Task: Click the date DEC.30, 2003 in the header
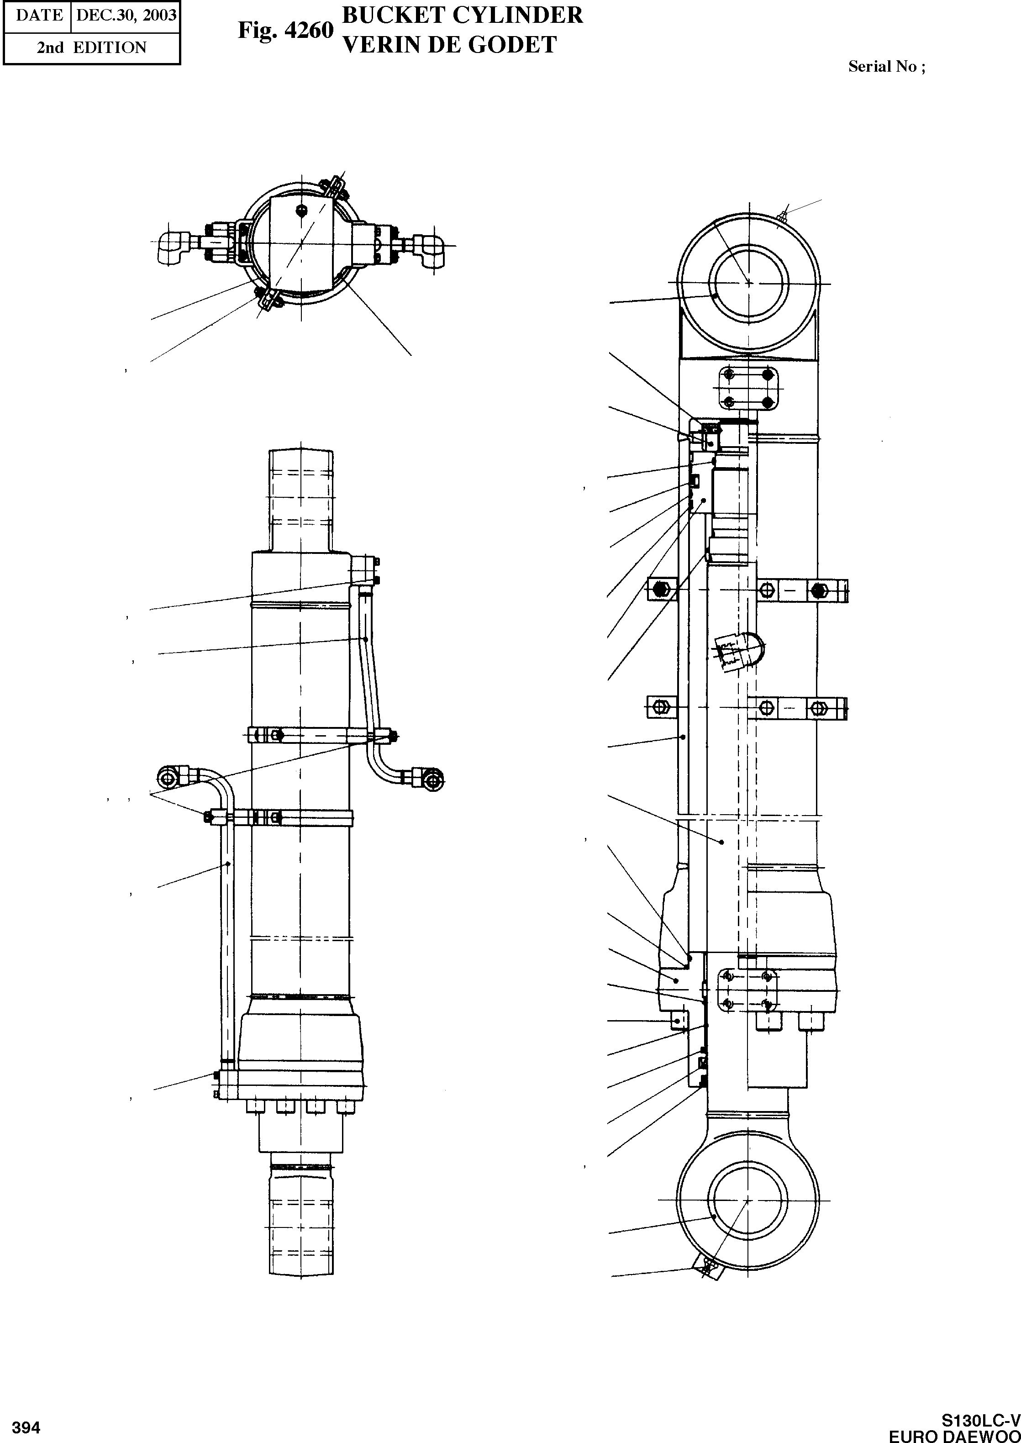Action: (126, 15)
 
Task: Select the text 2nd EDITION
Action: (91, 48)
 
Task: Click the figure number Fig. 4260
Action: (285, 30)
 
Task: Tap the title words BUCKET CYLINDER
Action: (462, 15)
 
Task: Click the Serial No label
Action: (886, 67)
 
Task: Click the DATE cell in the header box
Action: (39, 15)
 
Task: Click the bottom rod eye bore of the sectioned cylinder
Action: (747, 1201)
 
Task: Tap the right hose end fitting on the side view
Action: (429, 779)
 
